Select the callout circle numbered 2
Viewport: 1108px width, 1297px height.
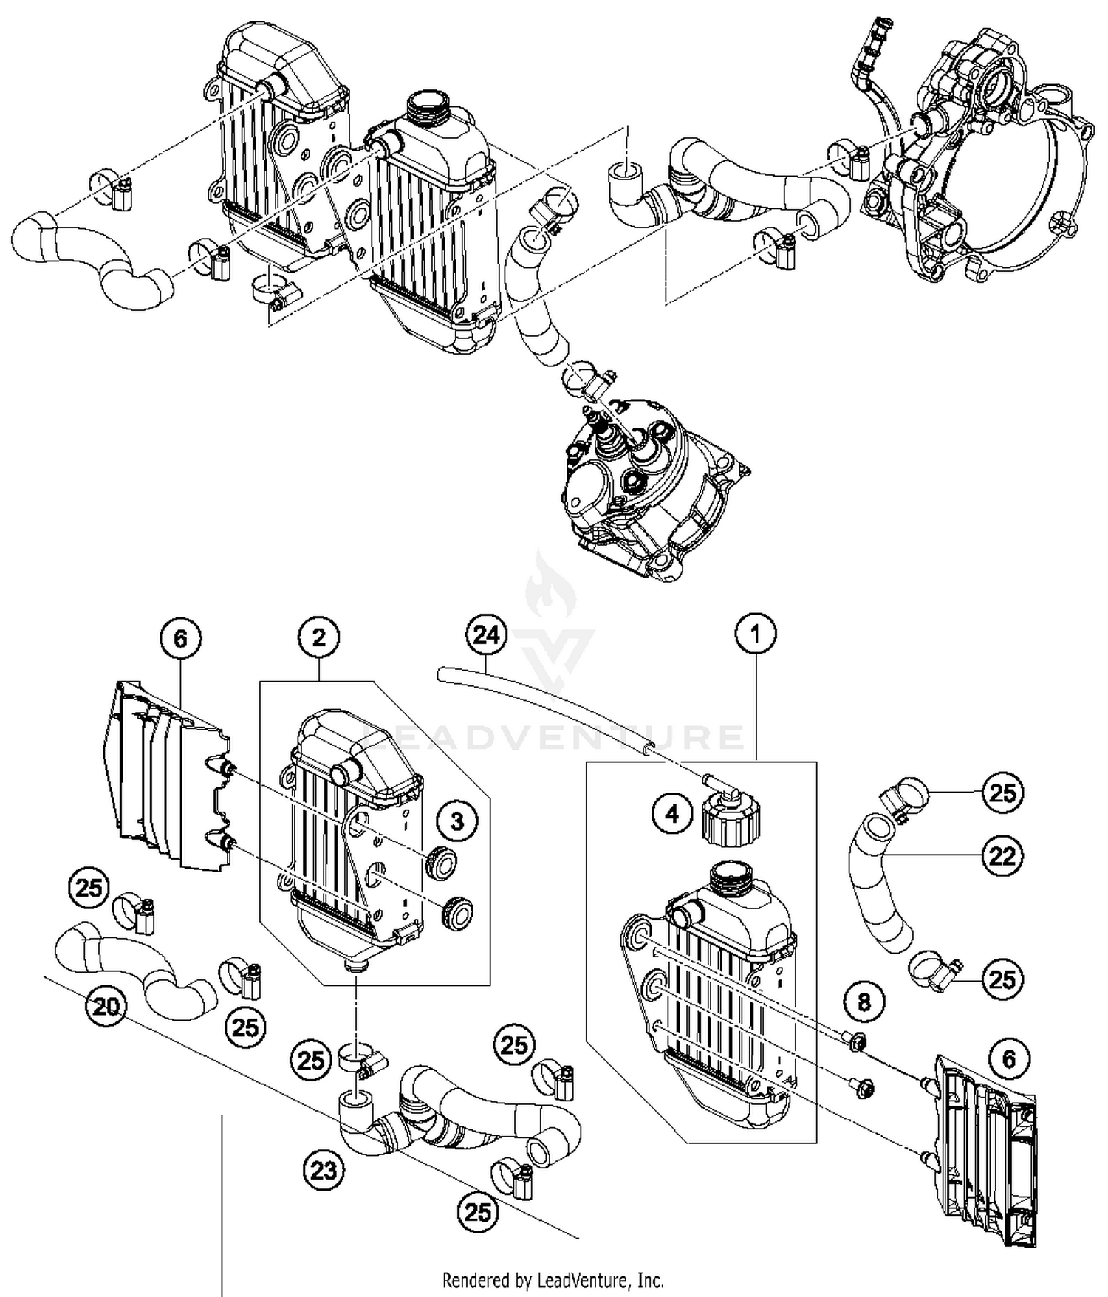pos(318,637)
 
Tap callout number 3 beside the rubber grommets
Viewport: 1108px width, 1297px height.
pos(457,821)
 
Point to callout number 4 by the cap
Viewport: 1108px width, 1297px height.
pos(671,814)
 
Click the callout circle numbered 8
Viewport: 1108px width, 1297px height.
pos(864,1002)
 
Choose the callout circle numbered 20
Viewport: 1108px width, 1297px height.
pos(106,1006)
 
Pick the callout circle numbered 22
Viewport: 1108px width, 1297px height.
pos(1002,856)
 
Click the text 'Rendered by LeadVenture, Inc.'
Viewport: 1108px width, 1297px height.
pos(553,1279)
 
